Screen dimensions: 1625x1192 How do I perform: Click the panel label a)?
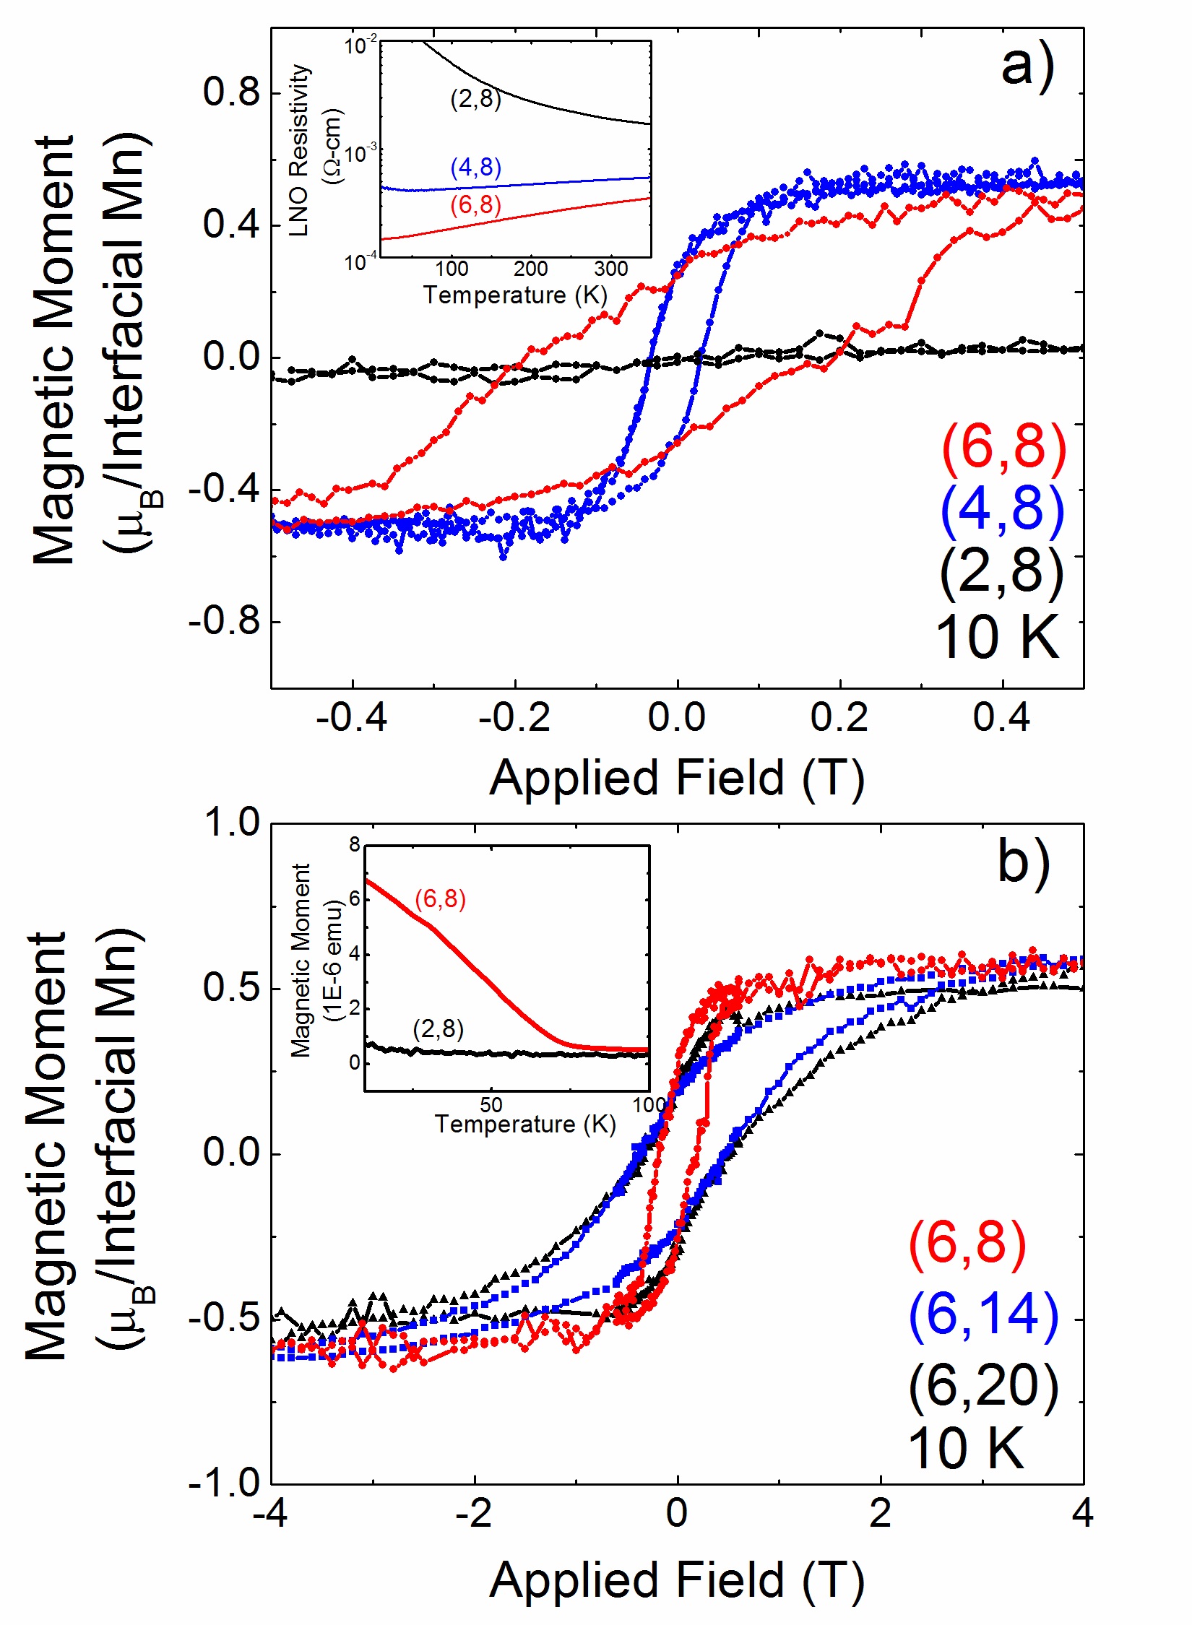(1027, 67)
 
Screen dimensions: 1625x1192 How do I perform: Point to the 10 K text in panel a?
(997, 637)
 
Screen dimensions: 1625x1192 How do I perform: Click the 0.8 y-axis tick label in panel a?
(231, 92)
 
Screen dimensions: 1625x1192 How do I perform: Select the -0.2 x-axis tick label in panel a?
(514, 718)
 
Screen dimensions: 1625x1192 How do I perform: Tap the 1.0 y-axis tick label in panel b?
(231, 823)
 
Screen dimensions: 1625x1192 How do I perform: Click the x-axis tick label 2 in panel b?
(880, 1512)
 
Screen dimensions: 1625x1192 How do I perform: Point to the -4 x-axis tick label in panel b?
(272, 1512)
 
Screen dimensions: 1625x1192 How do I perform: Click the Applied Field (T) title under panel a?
(676, 778)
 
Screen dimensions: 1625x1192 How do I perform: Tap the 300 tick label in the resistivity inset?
(610, 269)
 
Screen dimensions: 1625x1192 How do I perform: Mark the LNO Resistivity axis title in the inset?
(299, 150)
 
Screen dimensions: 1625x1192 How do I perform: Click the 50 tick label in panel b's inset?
(491, 1104)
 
